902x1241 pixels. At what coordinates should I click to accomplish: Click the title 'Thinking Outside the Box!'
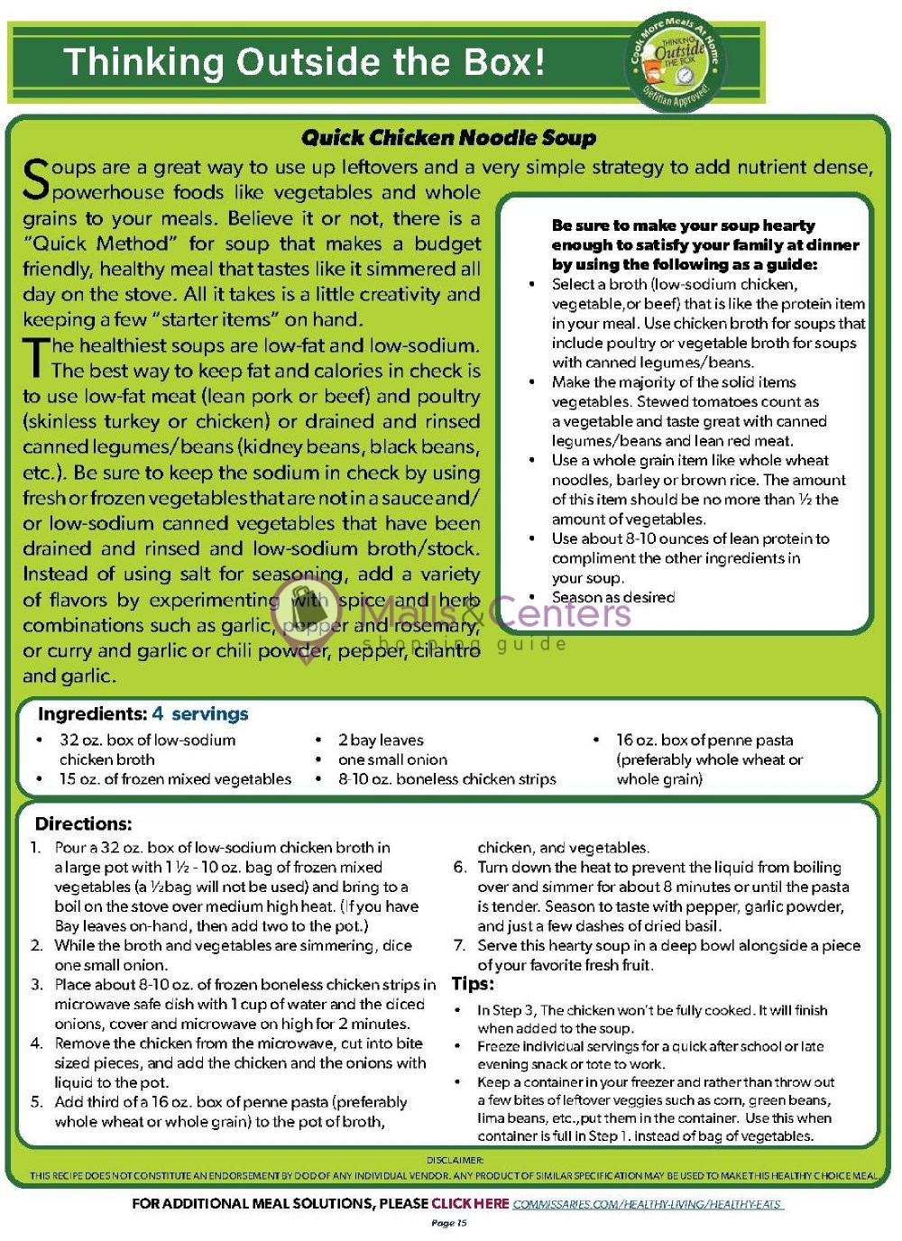tap(305, 62)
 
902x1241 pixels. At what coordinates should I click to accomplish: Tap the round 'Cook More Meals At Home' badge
tap(677, 61)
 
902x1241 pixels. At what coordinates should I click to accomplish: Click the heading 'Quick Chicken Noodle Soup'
tap(448, 138)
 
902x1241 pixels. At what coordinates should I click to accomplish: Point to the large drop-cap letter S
tap(35, 179)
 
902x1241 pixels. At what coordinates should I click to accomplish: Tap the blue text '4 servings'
tap(200, 714)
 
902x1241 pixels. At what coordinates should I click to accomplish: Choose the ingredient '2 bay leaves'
tap(381, 740)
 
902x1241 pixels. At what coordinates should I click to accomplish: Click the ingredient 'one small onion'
tap(392, 759)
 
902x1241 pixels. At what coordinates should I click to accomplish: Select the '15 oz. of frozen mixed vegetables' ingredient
tap(175, 779)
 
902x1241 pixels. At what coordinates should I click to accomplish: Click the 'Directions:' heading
tap(83, 823)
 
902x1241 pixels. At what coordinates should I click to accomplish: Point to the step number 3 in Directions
tap(36, 985)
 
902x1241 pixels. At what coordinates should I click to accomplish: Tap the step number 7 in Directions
tap(460, 945)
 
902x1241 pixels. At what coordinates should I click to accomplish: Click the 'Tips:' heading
tap(473, 984)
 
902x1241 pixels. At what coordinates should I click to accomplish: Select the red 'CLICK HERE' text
tap(470, 1203)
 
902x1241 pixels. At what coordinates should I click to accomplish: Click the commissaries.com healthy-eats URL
tap(647, 1204)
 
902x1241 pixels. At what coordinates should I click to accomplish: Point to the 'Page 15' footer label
tap(449, 1223)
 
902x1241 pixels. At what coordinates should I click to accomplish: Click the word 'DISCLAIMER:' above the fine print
tap(455, 1160)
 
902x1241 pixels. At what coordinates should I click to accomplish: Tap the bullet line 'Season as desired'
tap(613, 597)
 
